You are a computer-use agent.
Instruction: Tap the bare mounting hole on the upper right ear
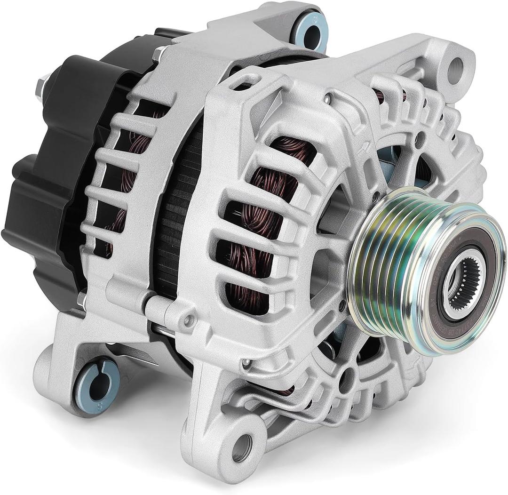(x=455, y=69)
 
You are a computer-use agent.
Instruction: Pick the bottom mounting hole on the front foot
(x=242, y=447)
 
